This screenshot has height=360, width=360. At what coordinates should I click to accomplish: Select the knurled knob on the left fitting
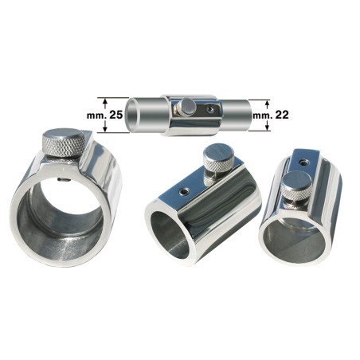point(63,144)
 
